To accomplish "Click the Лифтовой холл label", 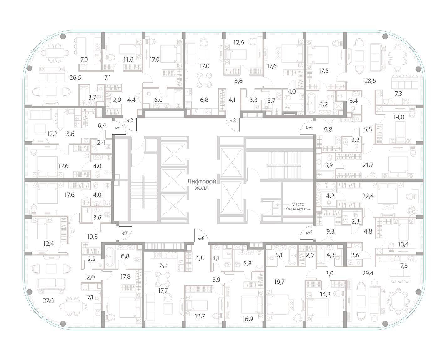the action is [198, 184].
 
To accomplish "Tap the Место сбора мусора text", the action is [297, 206].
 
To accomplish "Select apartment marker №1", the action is [118, 128].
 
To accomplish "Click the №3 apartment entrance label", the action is [233, 121].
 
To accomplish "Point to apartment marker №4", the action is [309, 127].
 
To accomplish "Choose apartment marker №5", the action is [309, 233].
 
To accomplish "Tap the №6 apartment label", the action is [201, 239].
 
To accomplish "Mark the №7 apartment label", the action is [124, 233].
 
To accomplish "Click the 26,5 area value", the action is [75, 78].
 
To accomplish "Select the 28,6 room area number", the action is [370, 81].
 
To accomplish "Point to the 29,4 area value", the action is [368, 273].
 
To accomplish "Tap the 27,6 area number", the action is [48, 300].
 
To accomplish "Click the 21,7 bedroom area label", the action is [368, 165].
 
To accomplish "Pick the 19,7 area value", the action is [279, 282].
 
